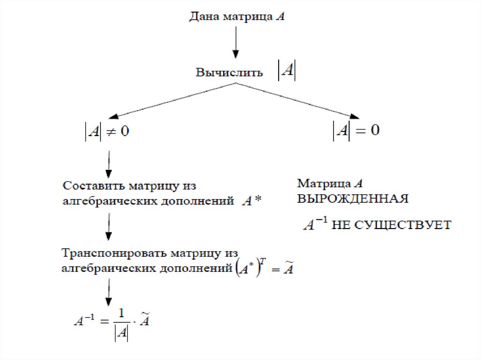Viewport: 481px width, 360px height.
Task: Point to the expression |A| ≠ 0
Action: [x=106, y=131]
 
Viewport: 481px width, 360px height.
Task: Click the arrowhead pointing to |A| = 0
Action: [x=355, y=116]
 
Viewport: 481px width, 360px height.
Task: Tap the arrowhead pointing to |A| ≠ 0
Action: [x=112, y=117]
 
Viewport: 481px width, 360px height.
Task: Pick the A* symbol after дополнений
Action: [x=251, y=202]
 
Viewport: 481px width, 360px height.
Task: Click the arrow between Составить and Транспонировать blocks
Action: [x=109, y=226]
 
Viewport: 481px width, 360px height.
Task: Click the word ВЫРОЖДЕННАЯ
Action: [x=353, y=199]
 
